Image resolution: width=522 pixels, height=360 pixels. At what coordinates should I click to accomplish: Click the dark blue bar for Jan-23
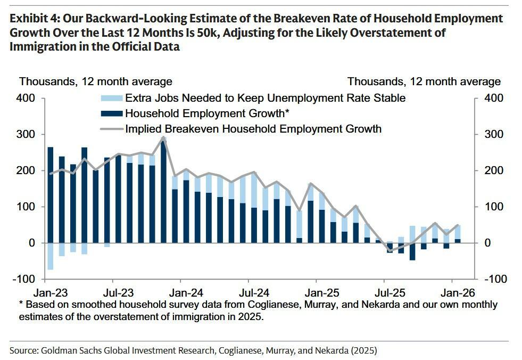point(51,194)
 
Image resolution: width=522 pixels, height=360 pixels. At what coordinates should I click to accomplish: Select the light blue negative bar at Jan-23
point(51,256)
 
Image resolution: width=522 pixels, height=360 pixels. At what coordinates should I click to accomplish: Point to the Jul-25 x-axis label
point(384,292)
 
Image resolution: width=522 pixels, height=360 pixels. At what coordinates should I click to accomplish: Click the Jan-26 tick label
point(452,292)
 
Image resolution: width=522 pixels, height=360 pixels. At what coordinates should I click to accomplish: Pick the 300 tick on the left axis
point(28,135)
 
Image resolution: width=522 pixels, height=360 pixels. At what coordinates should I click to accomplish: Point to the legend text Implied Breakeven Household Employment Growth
point(253,129)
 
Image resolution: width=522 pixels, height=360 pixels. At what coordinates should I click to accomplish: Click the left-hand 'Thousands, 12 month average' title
point(96,81)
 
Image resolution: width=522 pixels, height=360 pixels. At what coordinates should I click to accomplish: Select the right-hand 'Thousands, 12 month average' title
point(424,81)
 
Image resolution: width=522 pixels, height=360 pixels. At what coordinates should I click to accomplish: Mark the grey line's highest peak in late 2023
point(163,137)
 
